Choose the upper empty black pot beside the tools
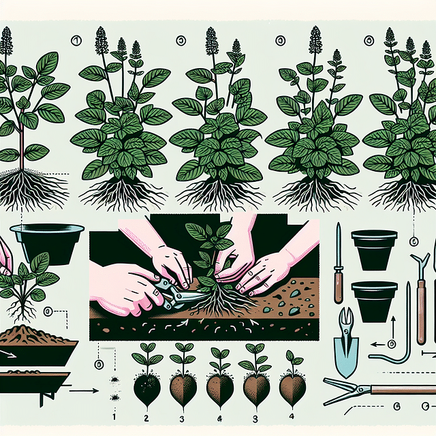374,249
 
